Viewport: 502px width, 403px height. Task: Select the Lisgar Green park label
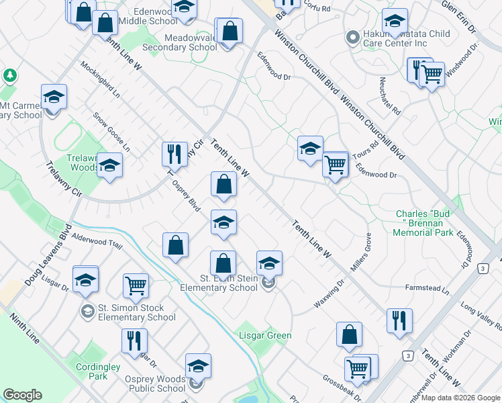(x=266, y=336)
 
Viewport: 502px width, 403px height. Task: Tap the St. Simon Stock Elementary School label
(x=137, y=313)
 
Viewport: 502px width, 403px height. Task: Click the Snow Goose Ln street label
(x=111, y=131)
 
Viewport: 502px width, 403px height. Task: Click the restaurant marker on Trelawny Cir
(x=174, y=154)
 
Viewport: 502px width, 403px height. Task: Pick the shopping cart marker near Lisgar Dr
(x=136, y=285)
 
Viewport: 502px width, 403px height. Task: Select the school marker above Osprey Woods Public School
(x=198, y=366)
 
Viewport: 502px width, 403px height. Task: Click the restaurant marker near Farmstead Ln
(x=399, y=320)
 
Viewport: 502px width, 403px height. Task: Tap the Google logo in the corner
(x=22, y=395)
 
